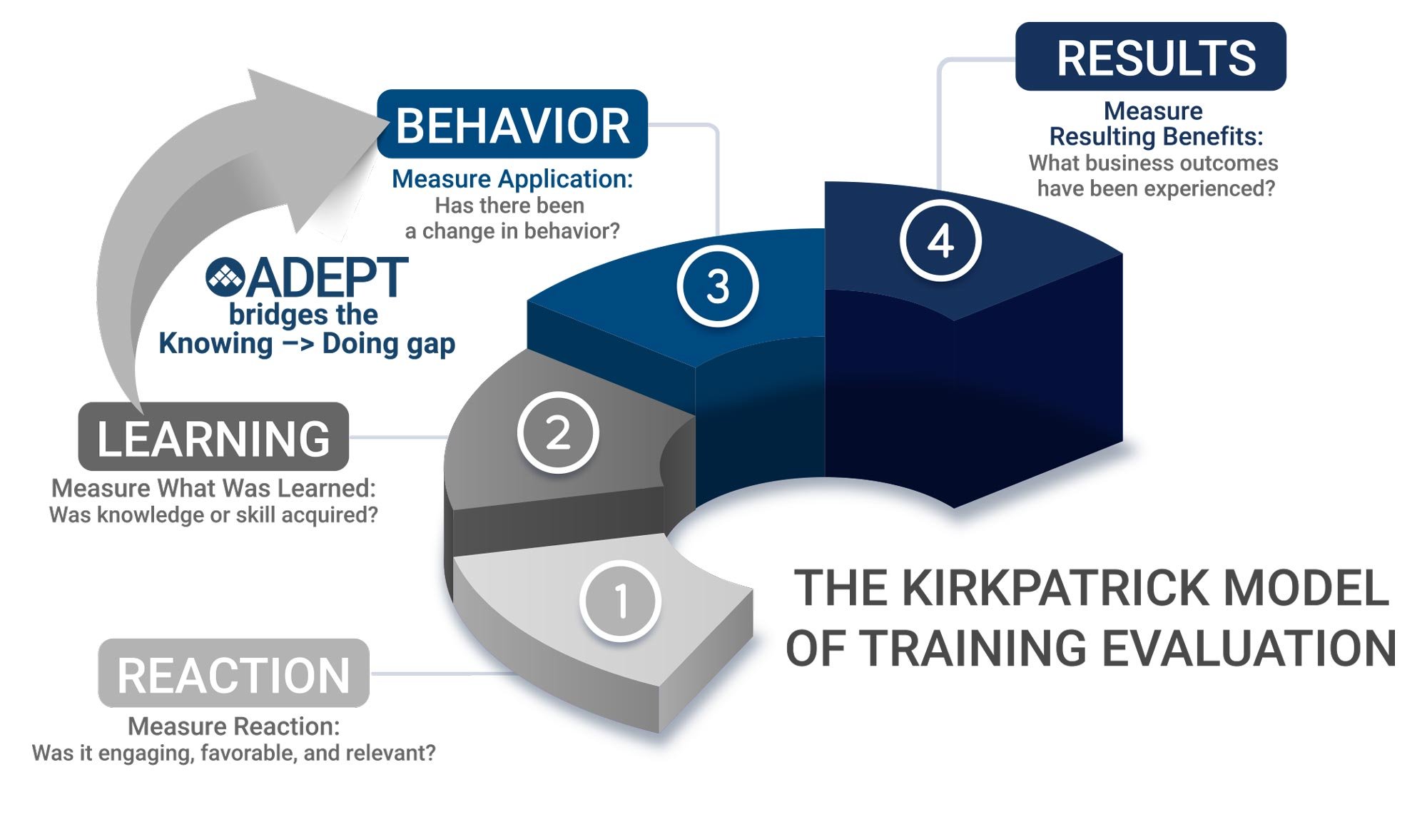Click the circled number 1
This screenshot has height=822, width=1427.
[x=620, y=601]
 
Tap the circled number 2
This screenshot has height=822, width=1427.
[x=558, y=432]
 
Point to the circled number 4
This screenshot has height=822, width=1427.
[x=940, y=240]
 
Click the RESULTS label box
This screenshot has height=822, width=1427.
[x=1150, y=57]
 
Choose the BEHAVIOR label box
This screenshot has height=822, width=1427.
[x=512, y=125]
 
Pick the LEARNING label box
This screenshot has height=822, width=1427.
[x=213, y=437]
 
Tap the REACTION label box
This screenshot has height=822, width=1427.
[x=233, y=674]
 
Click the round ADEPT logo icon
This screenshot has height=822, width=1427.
[x=225, y=277]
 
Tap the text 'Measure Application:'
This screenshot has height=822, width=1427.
[x=512, y=179]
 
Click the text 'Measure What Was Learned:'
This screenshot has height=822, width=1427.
[x=213, y=488]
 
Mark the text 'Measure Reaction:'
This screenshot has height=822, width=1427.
[x=233, y=726]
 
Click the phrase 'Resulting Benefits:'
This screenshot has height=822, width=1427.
[x=1156, y=136]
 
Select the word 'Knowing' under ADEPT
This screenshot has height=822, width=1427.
[x=215, y=344]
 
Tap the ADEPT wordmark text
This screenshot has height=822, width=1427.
[x=328, y=278]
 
